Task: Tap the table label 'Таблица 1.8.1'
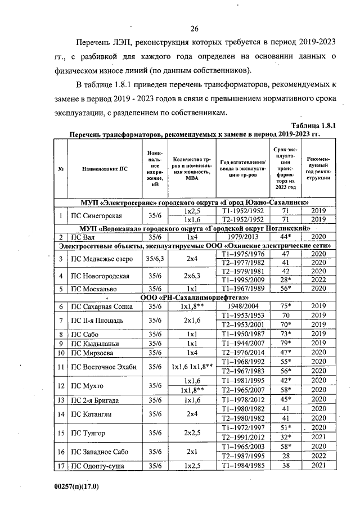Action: [x=313, y=126]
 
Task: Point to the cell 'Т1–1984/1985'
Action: [x=242, y=466]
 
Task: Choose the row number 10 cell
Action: [x=60, y=353]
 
